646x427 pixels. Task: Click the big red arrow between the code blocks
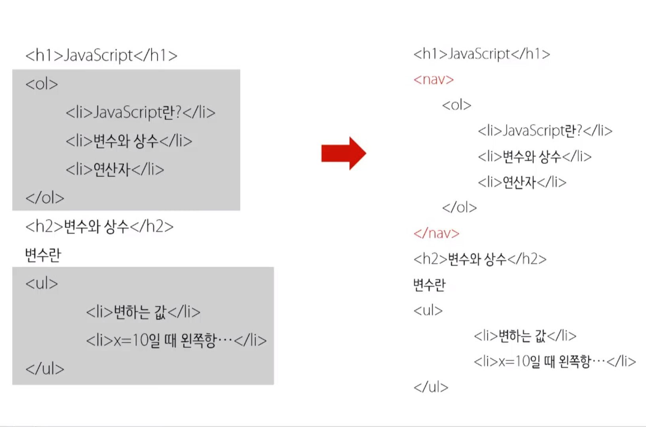point(343,154)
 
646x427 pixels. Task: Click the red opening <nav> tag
point(433,80)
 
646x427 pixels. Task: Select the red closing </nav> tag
point(436,233)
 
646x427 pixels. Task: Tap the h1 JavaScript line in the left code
point(101,55)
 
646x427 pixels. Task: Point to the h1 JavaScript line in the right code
point(481,54)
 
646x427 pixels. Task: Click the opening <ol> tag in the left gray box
point(42,84)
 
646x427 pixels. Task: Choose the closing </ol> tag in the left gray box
point(45,198)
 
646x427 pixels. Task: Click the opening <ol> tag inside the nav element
point(456,105)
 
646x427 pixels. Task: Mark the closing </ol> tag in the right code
point(459,207)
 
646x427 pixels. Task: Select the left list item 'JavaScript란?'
point(141,113)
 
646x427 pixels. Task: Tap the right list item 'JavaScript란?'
point(545,131)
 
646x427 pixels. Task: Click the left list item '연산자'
point(115,170)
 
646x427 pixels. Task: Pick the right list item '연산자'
point(522,182)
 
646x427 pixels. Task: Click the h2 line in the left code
point(99,227)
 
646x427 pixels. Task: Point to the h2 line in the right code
point(480,259)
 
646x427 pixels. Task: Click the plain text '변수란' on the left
point(43,255)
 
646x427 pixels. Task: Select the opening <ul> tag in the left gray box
point(42,284)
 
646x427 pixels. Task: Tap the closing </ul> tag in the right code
point(431,387)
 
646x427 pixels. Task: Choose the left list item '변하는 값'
point(143,312)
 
